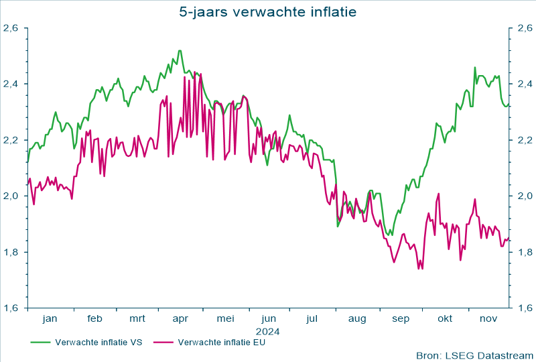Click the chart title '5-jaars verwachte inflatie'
pyautogui.click(x=268, y=11)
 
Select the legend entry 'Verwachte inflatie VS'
pyautogui.click(x=98, y=342)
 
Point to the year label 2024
pyautogui.click(x=267, y=331)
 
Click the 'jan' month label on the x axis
pyautogui.click(x=50, y=319)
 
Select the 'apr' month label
pyautogui.click(x=181, y=319)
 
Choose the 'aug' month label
pyautogui.click(x=356, y=319)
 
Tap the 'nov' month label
pyautogui.click(x=488, y=319)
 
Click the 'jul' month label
pyautogui.click(x=312, y=319)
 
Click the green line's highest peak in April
pyautogui.click(x=180, y=50)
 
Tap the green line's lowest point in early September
pyautogui.click(x=393, y=235)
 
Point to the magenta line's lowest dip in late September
pyautogui.click(x=422, y=269)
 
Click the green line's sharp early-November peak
pyautogui.click(x=475, y=67)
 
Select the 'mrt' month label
pyautogui.click(x=137, y=319)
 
